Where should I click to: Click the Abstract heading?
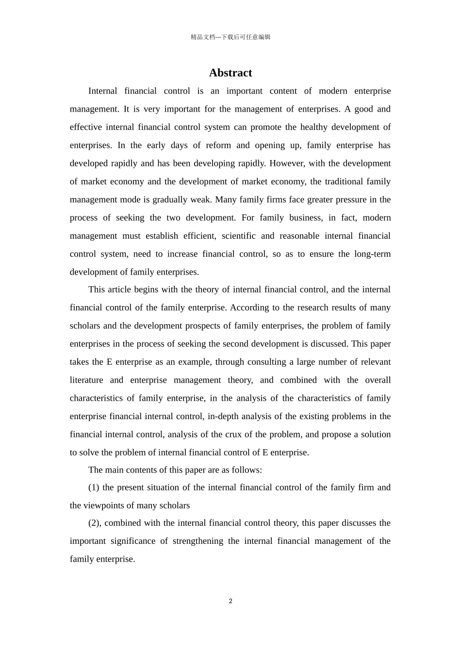click(x=230, y=73)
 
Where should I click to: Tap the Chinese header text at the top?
click(x=230, y=37)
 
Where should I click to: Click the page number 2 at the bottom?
click(x=230, y=601)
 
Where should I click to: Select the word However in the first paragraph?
click(x=286, y=163)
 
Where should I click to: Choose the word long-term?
click(x=372, y=254)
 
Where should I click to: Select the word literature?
click(x=86, y=380)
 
